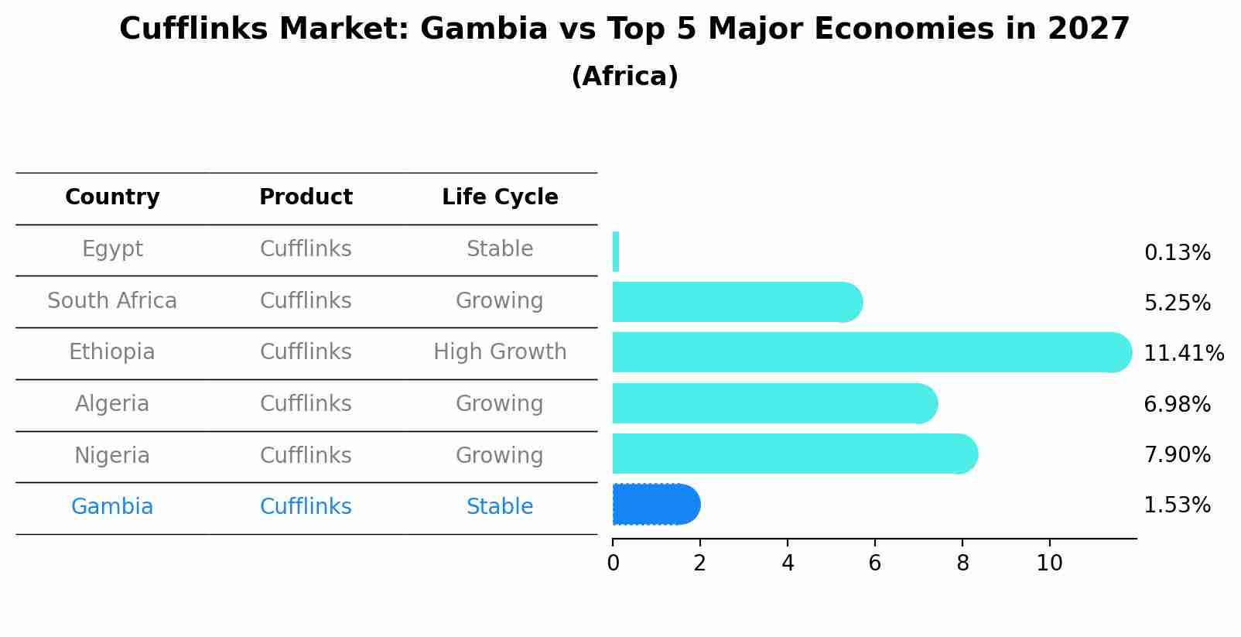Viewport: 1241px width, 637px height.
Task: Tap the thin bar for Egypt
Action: (616, 252)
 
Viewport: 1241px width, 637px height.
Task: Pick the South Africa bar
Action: (735, 302)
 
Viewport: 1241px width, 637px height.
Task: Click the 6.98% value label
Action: (1177, 404)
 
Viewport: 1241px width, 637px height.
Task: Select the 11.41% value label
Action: (1183, 353)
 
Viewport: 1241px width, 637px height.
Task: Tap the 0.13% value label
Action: (1177, 253)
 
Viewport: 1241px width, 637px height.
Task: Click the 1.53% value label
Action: (1177, 505)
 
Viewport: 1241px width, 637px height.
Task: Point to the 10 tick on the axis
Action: (1049, 563)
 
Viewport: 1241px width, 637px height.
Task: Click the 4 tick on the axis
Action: (788, 563)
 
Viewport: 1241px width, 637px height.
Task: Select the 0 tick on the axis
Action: (613, 563)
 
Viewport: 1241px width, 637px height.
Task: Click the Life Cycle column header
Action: (500, 197)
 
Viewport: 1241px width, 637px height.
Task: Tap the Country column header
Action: (112, 197)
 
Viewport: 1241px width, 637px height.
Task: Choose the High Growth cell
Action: (500, 352)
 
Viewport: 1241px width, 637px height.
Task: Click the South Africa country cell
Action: (112, 300)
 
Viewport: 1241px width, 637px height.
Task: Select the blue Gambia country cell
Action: (112, 507)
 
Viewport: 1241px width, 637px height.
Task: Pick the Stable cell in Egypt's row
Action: (500, 249)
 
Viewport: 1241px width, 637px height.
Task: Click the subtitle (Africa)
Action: (624, 77)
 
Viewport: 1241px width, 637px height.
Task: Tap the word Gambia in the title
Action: (484, 29)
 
